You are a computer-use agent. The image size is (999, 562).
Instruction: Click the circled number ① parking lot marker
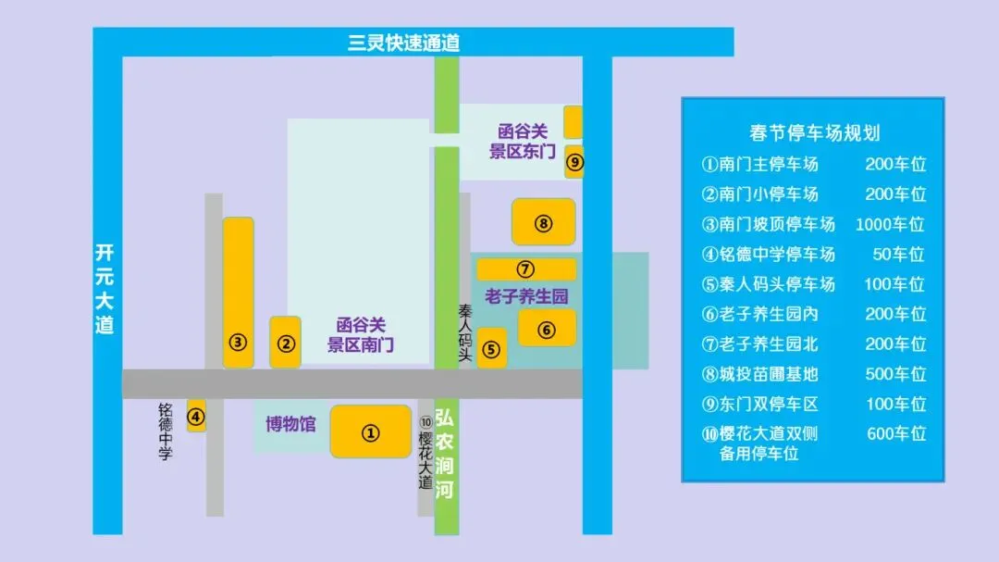371,432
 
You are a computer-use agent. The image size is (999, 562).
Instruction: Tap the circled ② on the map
287,344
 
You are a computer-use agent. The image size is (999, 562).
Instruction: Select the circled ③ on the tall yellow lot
239,343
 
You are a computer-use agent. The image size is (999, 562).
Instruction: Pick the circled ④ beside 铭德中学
196,416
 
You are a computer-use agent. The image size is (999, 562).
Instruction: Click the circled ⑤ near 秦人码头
491,350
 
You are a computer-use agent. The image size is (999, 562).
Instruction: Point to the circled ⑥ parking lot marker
547,330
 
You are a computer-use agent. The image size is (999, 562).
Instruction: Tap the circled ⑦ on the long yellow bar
525,269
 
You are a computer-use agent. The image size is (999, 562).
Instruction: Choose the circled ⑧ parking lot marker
543,223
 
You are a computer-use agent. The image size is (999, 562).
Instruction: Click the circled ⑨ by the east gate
574,163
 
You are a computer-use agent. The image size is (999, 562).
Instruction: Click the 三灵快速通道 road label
403,43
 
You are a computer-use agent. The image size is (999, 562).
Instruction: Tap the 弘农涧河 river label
446,454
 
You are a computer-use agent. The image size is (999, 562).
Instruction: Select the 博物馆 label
290,425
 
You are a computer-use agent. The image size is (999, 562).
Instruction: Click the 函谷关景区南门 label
361,335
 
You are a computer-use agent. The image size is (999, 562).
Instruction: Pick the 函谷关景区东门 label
523,142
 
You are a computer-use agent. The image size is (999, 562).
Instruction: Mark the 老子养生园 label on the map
525,297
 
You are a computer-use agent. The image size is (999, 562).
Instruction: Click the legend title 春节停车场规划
814,133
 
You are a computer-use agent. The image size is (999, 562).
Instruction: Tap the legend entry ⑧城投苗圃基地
759,374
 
